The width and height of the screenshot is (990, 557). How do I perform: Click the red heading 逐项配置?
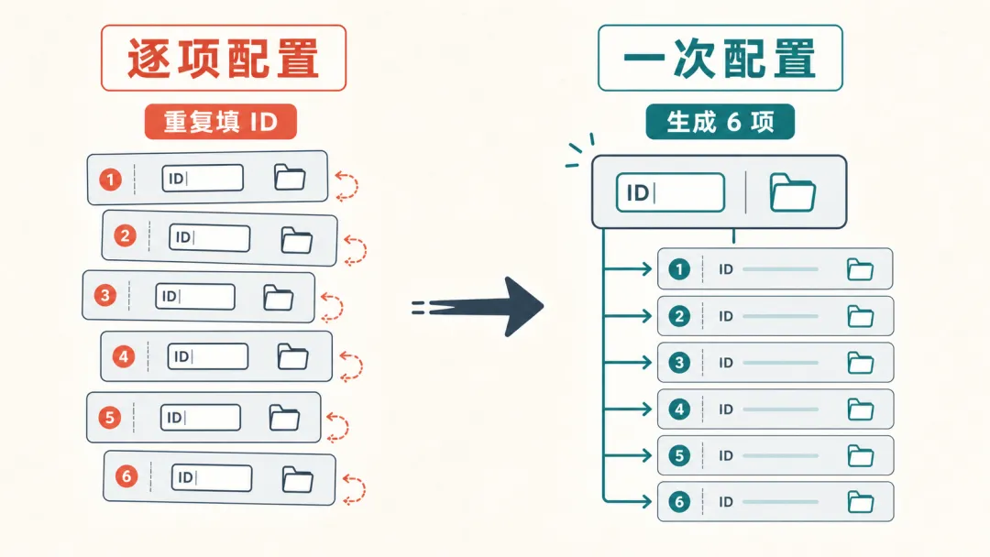tap(224, 59)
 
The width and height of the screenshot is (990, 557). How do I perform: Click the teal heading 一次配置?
tap(720, 59)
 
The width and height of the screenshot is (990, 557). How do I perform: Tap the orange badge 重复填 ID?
tap(220, 122)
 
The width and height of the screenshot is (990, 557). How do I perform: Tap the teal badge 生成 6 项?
tap(720, 122)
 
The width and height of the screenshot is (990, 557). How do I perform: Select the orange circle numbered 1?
tap(111, 180)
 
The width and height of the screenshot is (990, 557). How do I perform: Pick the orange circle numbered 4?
tap(124, 357)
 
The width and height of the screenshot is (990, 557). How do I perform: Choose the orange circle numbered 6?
tap(126, 475)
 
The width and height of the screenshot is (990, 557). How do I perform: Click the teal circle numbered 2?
tap(679, 316)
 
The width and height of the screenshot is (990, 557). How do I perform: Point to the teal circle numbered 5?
tap(679, 455)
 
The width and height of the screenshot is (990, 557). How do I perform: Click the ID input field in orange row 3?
tap(195, 297)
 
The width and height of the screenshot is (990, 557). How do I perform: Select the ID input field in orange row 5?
tap(201, 418)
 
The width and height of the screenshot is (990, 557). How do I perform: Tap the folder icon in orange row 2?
tap(297, 240)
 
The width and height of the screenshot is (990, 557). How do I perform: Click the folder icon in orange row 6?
tap(297, 479)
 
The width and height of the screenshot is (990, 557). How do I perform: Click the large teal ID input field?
tap(670, 192)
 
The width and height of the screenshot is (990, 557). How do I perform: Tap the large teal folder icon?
tap(793, 192)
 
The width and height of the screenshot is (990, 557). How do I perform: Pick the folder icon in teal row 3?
tap(860, 363)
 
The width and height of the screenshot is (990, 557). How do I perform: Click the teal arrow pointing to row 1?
tap(628, 269)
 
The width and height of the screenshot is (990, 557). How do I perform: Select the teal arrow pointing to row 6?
tap(628, 501)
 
